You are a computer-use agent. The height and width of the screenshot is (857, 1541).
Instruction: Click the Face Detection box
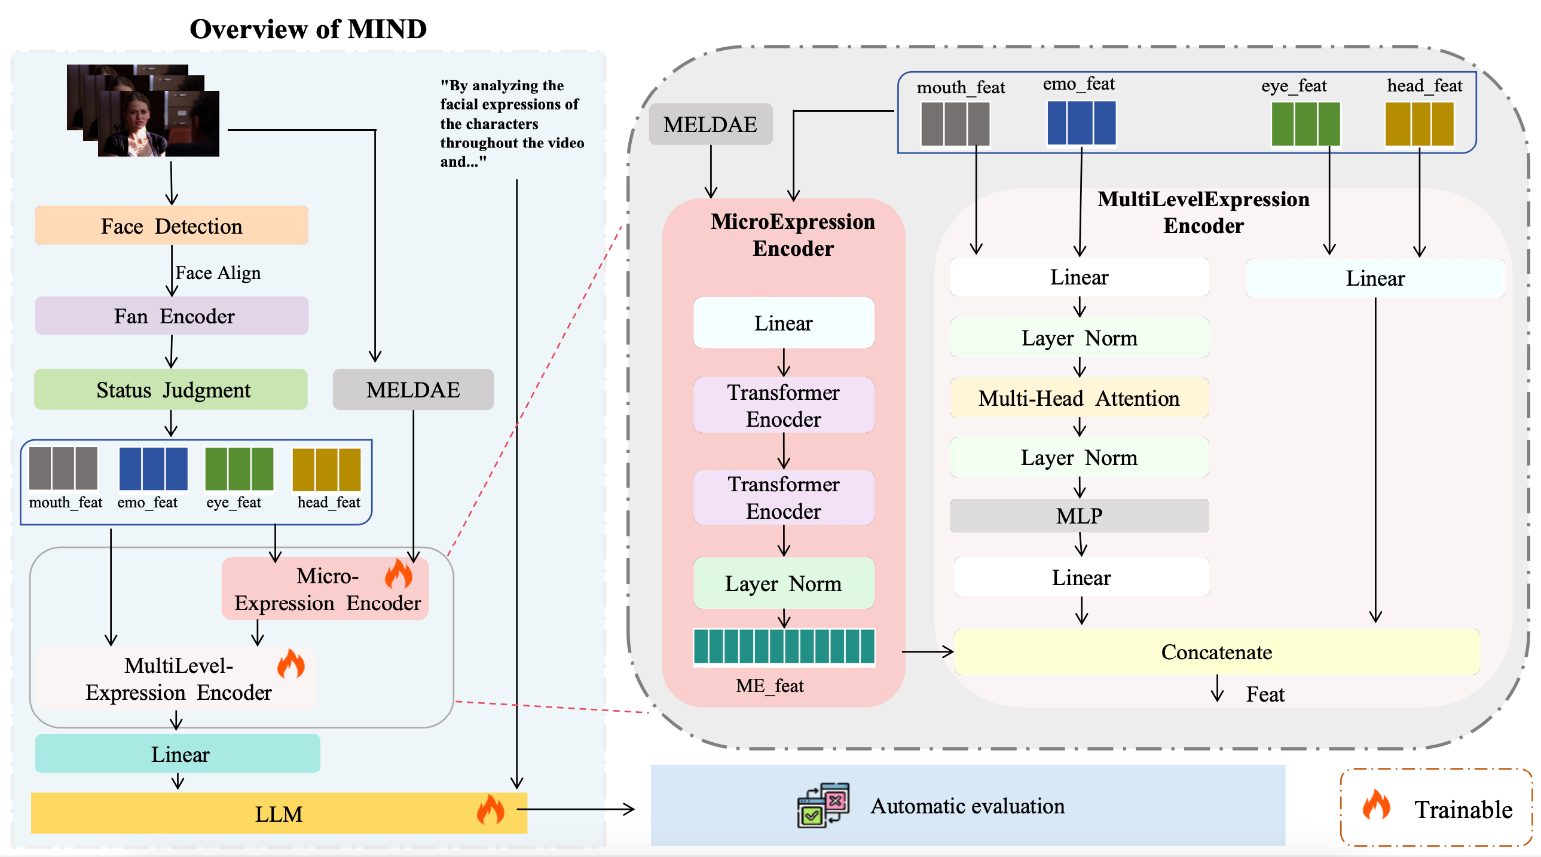click(x=172, y=225)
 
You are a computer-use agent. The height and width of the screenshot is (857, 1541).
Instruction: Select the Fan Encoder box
click(x=172, y=316)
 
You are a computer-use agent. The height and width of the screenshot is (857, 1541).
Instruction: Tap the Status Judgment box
click(x=171, y=389)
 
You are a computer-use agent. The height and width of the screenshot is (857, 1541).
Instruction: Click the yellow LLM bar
click(x=279, y=813)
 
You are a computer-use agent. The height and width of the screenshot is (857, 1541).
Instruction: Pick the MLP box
click(x=1078, y=516)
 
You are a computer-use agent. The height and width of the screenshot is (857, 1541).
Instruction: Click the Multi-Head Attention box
click(x=1078, y=398)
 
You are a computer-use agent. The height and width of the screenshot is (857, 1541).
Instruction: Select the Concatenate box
click(x=1216, y=652)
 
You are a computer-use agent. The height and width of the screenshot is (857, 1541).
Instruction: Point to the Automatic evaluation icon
click(x=823, y=805)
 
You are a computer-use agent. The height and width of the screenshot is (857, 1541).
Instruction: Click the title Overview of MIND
click(x=308, y=29)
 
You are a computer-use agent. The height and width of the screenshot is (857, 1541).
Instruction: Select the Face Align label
click(x=218, y=273)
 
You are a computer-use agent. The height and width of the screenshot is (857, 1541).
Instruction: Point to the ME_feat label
click(x=769, y=685)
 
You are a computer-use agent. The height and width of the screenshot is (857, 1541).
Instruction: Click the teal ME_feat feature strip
click(x=784, y=647)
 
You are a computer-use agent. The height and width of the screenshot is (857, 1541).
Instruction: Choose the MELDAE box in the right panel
click(x=710, y=124)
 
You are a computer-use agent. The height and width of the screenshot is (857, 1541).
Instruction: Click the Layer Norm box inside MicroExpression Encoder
click(x=783, y=583)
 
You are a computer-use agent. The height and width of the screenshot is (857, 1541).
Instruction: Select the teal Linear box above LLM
click(x=178, y=754)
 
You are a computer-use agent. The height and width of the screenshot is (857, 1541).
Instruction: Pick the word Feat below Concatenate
click(x=1265, y=694)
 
